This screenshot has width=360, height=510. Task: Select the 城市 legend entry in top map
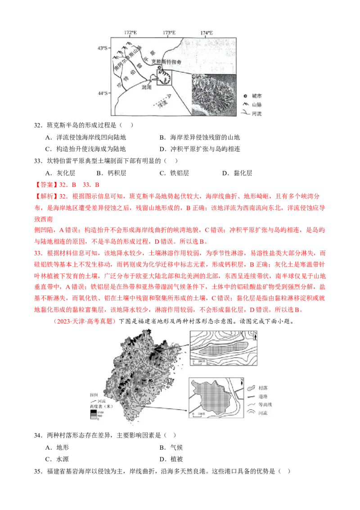pyautogui.click(x=257, y=96)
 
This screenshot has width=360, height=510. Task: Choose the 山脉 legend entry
pyautogui.click(x=257, y=105)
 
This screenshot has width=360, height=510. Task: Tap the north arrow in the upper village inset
pyautogui.click(x=256, y=335)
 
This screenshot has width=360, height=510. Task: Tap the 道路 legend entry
pyautogui.click(x=261, y=396)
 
